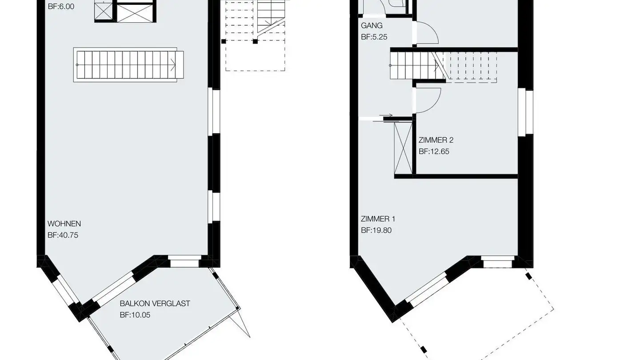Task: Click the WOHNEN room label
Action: pos(64,224)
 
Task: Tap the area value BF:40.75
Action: pos(63,235)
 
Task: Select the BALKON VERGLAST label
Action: pos(155,304)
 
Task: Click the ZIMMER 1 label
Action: pos(378,219)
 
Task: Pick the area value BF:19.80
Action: pos(376,230)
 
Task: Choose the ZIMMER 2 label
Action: pos(436,140)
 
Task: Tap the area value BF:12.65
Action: pos(434,152)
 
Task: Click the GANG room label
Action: pos(372,26)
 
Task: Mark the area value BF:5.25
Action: pos(374,37)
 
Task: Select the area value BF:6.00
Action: pos(61,7)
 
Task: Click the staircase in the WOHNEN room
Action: pos(128,65)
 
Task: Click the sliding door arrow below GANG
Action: pos(386,116)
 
